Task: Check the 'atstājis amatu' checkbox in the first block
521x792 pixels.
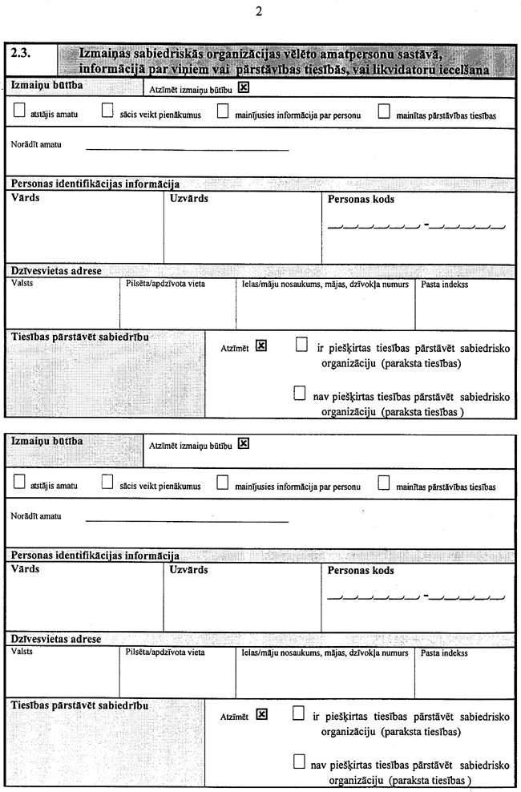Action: pos(19,113)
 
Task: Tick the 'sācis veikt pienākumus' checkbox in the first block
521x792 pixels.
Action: pos(107,113)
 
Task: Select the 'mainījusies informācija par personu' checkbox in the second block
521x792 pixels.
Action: pos(223,483)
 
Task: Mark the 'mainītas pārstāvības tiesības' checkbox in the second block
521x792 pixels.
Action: pos(383,483)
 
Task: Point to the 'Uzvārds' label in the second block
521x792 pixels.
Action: pos(189,570)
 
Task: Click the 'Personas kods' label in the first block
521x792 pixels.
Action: pos(361,199)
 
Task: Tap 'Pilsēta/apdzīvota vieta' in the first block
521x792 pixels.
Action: pos(160,284)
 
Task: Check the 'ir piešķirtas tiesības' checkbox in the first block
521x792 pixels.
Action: pos(301,345)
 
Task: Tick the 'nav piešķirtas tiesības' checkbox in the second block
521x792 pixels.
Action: pos(300,762)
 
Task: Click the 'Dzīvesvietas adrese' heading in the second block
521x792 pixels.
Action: pos(56,640)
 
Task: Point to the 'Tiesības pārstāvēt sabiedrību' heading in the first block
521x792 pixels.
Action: pos(80,337)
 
